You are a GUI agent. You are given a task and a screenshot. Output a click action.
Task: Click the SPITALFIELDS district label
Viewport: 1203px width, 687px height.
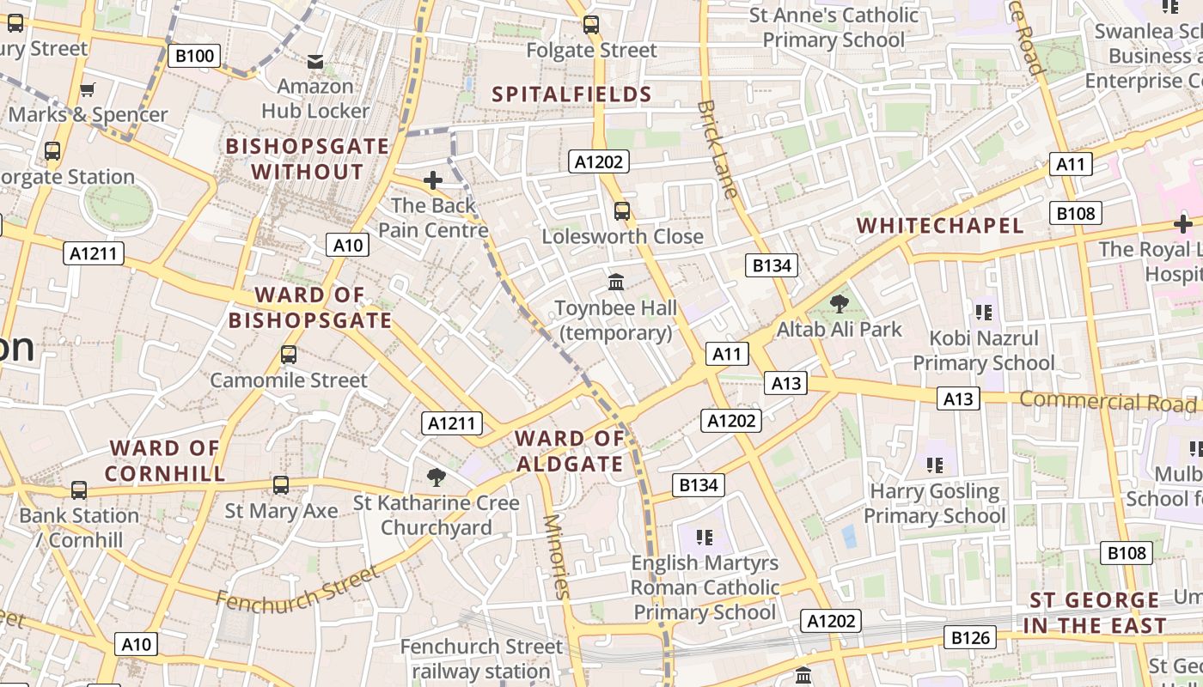(571, 94)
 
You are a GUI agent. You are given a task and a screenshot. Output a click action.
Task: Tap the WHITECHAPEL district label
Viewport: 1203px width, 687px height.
(940, 226)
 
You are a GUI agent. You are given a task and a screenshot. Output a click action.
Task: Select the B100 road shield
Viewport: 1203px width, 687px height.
(193, 57)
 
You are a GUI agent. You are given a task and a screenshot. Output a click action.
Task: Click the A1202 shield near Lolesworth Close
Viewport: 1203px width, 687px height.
(599, 161)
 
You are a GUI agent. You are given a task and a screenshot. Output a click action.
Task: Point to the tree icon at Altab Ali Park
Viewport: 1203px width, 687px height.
(840, 303)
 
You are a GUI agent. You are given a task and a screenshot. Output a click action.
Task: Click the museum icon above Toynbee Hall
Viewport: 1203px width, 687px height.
(616, 282)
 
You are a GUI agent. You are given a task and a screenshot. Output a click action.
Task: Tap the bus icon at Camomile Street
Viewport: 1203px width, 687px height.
(289, 354)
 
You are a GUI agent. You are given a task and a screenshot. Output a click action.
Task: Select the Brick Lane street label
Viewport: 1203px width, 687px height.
(718, 149)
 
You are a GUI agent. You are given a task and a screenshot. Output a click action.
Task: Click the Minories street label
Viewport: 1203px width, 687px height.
(557, 556)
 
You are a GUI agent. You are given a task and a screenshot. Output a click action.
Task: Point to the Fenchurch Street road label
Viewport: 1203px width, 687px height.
(296, 588)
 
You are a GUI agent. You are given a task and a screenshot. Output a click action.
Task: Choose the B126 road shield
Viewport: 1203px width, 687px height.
(971, 637)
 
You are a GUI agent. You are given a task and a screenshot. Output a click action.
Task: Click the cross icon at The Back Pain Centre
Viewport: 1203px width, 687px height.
(433, 180)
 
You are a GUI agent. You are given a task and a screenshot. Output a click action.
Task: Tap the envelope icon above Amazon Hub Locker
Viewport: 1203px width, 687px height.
(315, 62)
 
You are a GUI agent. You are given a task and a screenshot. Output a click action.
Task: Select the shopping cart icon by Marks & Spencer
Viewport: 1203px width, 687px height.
(87, 89)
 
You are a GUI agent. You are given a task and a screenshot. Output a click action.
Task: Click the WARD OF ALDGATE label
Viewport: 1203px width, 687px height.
(569, 452)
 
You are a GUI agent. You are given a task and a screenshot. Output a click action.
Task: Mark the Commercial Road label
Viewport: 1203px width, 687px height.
(1108, 401)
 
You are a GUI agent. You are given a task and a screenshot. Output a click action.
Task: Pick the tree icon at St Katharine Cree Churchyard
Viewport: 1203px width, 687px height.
(437, 477)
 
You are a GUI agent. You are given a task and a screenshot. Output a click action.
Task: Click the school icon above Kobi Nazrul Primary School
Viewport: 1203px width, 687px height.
(983, 312)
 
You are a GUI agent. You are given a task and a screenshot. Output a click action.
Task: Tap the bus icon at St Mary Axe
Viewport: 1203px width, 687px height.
(281, 485)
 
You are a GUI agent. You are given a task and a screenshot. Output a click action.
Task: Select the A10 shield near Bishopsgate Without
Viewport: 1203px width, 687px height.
(348, 246)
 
